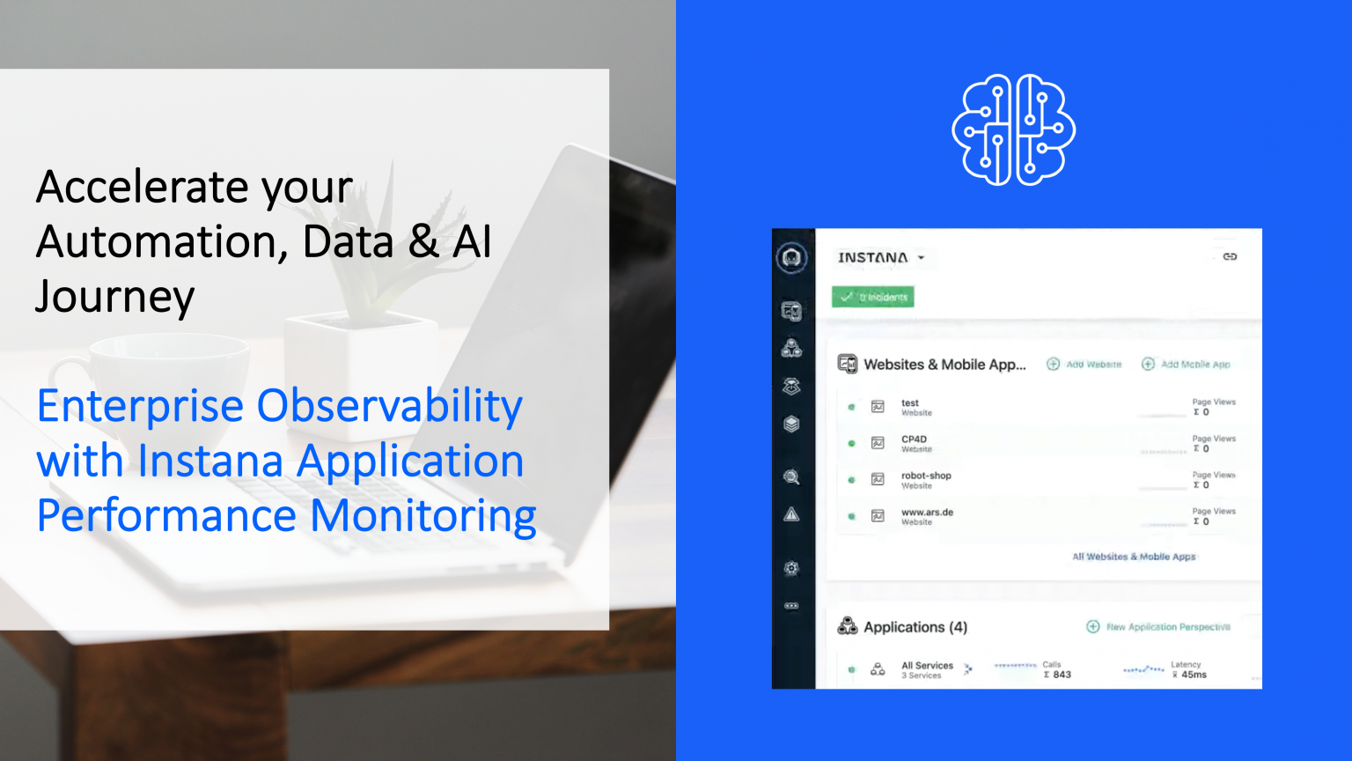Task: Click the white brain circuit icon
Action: [x=1013, y=129]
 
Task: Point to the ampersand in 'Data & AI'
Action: [x=423, y=241]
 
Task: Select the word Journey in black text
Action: [x=114, y=297]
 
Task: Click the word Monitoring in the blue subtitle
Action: [x=423, y=515]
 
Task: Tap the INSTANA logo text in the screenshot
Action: [x=872, y=257]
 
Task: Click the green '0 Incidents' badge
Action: [x=873, y=297]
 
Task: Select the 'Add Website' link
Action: [x=1084, y=364]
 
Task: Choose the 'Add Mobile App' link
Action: [x=1187, y=364]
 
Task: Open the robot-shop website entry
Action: [x=926, y=476]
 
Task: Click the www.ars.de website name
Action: [x=927, y=512]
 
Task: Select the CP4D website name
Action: [x=914, y=439]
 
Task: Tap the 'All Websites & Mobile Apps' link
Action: [x=1134, y=557]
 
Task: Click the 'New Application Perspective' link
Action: [x=1159, y=627]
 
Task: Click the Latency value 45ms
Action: [x=1194, y=675]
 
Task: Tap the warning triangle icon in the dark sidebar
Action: [x=791, y=514]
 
